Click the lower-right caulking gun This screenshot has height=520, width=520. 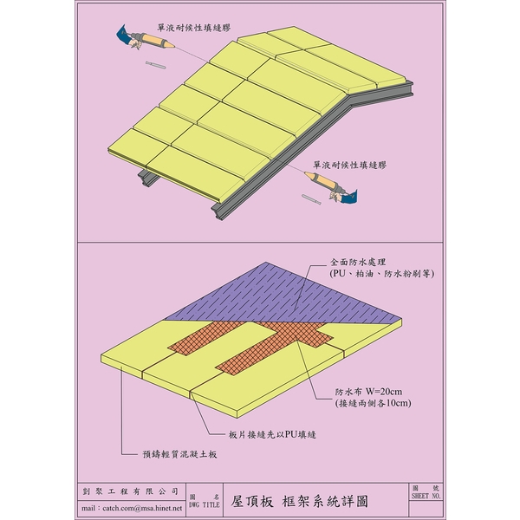pos(331,186)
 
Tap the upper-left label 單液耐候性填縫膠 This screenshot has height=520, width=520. pos(193,28)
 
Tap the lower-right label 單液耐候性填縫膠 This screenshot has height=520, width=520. pos(349,165)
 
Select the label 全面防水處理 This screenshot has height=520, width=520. pos(358,262)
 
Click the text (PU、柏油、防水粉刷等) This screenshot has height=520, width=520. pos(381,274)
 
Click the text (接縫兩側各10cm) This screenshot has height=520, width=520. pos(373,403)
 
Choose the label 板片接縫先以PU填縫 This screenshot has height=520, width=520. pos(272,434)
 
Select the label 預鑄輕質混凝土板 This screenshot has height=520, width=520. pos(179,454)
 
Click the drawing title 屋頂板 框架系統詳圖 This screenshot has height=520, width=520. pos(300,502)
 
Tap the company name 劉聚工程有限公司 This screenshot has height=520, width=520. pos(130,491)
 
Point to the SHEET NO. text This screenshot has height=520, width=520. pos(426,496)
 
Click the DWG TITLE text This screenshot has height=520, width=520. pos(205,504)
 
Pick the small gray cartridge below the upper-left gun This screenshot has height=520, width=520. pos(155,65)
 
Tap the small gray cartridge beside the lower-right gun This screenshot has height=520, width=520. pos(311,199)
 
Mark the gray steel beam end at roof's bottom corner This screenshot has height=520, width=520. pos(218,212)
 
